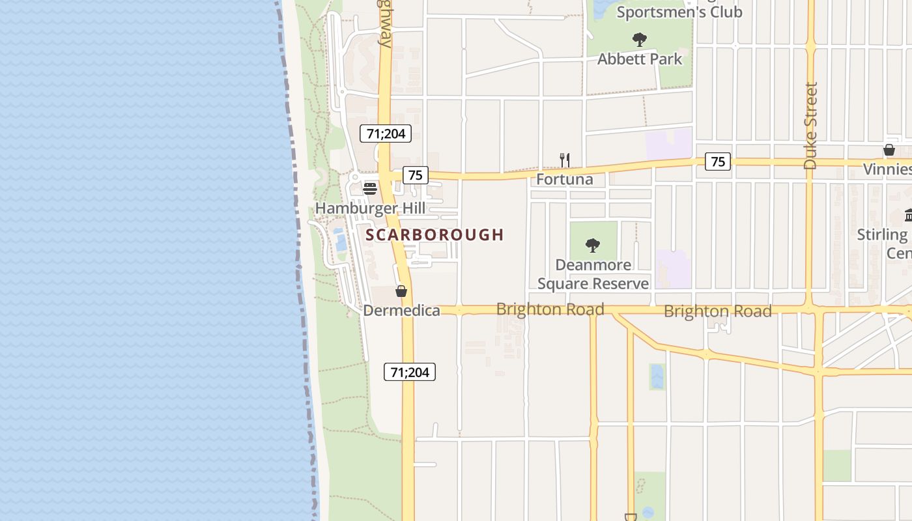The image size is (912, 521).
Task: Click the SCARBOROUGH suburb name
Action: click(435, 234)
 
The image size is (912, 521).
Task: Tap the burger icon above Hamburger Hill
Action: click(370, 189)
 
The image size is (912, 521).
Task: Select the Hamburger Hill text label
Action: click(370, 208)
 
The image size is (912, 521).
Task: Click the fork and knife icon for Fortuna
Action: click(565, 160)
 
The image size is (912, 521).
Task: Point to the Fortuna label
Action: click(565, 179)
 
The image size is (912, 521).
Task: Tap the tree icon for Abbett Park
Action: click(640, 40)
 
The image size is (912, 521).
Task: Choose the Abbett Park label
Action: click(640, 59)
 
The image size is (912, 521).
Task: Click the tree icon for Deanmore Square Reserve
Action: click(593, 246)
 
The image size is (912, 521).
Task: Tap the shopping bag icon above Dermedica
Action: click(401, 291)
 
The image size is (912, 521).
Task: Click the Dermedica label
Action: click(401, 311)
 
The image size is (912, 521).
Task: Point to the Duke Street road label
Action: click(810, 125)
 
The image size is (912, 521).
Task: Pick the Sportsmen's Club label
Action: click(679, 12)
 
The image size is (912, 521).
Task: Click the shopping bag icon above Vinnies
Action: click(889, 150)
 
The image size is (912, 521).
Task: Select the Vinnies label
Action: click(888, 169)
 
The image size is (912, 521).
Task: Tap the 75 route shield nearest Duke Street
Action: click(718, 162)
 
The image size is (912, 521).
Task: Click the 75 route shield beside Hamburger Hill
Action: click(416, 175)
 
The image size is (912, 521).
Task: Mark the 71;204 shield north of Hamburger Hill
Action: click(386, 134)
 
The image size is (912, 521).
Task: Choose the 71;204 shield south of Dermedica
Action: click(410, 372)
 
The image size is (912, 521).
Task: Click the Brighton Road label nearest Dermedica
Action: click(550, 309)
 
